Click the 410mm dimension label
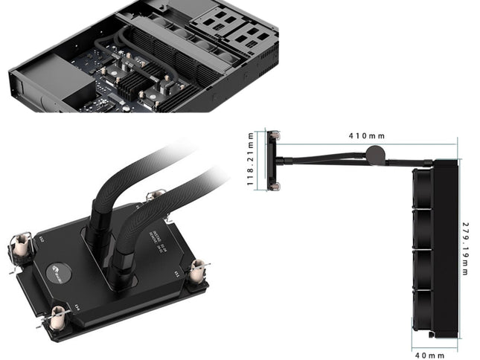(x=365, y=137)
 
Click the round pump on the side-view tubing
(x=375, y=154)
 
